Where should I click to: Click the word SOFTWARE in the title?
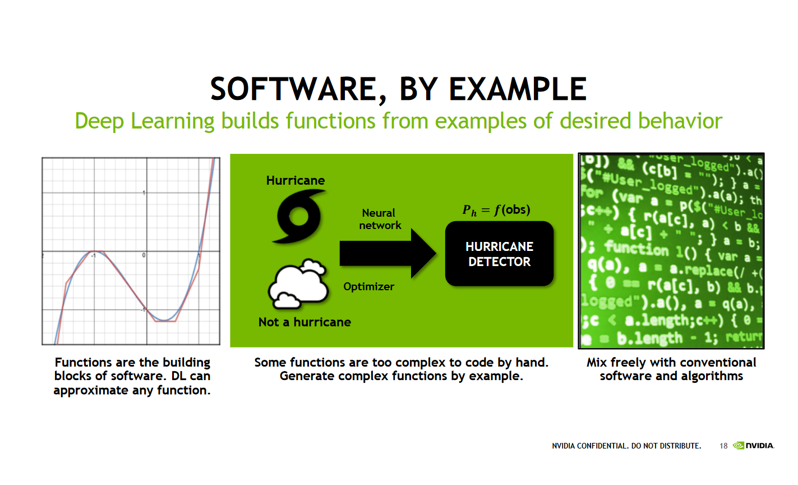pos(293,89)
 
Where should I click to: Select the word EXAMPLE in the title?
pos(518,89)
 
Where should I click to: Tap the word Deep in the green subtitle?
pos(99,121)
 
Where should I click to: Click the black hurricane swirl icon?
pos(298,216)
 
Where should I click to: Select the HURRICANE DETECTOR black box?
pos(499,254)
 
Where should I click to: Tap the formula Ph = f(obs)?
pos(496,210)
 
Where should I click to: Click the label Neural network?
pos(380,219)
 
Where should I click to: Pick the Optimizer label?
pos(368,286)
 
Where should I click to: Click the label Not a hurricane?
pos(305,322)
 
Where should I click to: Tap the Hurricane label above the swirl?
pos(296,180)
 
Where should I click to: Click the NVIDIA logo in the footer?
pos(754,446)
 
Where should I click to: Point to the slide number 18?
pos(723,446)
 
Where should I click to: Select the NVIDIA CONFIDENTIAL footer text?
pos(626,446)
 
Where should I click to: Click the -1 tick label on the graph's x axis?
pos(94,256)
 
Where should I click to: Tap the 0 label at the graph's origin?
pos(144,255)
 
